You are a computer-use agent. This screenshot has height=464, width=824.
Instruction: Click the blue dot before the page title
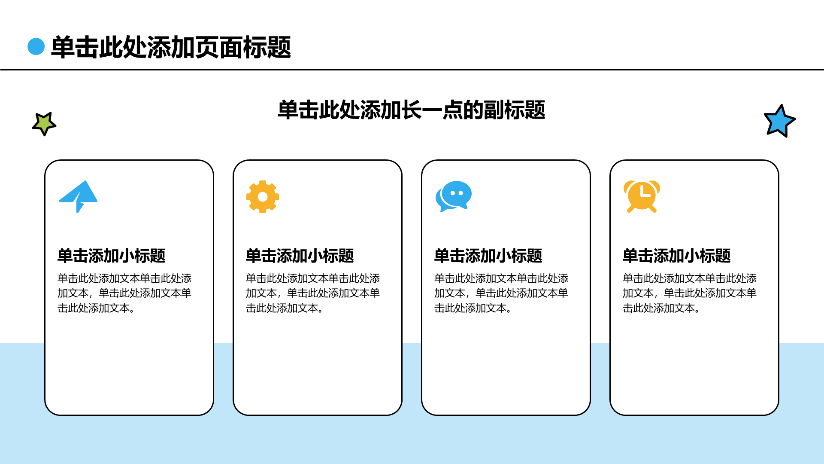36,46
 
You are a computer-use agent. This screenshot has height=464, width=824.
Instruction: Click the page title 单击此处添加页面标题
171,47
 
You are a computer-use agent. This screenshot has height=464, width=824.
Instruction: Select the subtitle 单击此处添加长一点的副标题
412,110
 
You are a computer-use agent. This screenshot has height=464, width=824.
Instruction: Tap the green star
44,124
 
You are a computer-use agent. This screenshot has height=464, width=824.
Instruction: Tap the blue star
779,121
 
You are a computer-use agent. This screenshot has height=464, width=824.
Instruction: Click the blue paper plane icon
78,196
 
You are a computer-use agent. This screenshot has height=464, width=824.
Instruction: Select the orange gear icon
263,197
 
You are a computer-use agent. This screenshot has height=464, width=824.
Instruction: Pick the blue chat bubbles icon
454,196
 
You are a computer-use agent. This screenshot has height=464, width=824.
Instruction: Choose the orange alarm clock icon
642,196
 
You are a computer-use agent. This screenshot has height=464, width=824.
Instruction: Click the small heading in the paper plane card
112,256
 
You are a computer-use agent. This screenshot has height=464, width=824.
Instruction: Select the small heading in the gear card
300,256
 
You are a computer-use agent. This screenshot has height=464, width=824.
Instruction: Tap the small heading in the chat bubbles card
488,256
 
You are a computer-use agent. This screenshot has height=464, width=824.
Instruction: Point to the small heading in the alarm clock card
677,256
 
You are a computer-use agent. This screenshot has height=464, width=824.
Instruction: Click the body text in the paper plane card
124,293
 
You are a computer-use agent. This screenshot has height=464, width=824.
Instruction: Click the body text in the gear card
313,293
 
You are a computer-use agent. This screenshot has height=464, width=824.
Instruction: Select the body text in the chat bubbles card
501,293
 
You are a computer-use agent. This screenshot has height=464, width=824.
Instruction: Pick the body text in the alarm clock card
690,293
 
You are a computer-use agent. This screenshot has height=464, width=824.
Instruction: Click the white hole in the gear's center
263,197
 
